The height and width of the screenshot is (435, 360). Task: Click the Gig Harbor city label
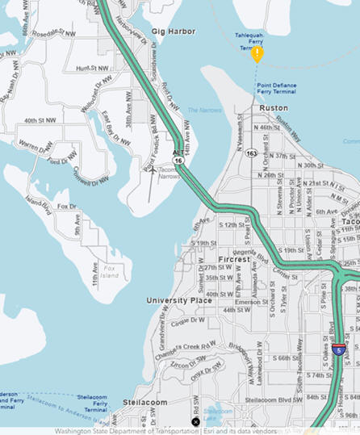pos(173,31)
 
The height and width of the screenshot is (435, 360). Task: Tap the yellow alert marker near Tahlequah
pos(257,54)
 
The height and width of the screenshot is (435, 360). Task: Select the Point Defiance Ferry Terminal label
pos(276,88)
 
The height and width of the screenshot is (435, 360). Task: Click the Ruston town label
pos(273,107)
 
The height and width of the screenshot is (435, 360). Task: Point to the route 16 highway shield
pos(178,161)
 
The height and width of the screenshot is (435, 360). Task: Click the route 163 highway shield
pos(252,152)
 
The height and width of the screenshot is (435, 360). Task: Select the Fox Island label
pos(109,272)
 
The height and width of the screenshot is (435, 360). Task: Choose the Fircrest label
pos(212,259)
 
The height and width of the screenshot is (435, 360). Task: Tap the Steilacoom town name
pos(144,402)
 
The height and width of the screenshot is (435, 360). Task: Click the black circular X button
pos(195,422)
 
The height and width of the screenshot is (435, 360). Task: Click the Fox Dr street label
pos(68,207)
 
